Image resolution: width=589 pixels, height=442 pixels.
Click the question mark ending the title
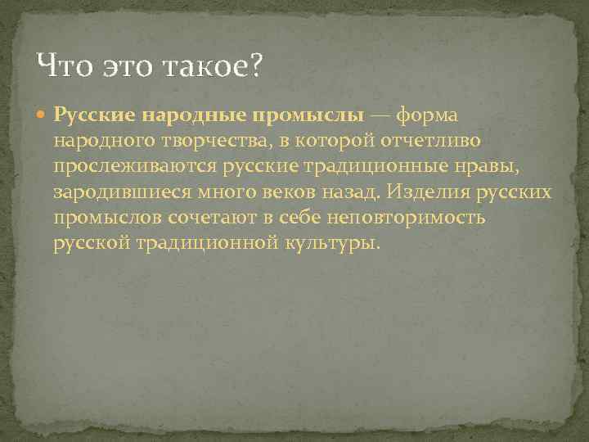(254, 64)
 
